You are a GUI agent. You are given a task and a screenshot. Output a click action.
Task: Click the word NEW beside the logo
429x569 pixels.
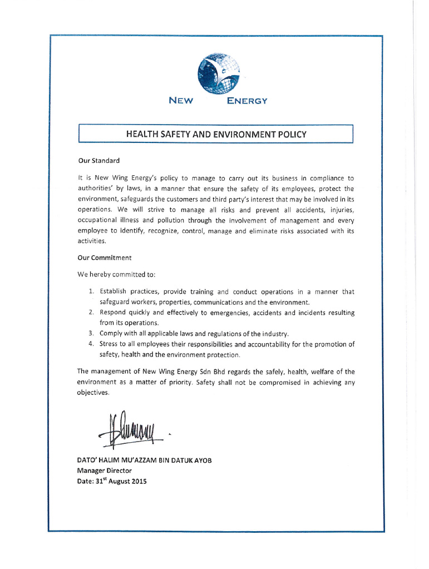[x=181, y=101]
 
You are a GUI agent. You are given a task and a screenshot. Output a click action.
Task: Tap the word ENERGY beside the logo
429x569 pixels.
[x=247, y=101]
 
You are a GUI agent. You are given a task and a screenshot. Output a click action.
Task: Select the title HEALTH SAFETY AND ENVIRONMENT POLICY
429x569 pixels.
[x=216, y=134]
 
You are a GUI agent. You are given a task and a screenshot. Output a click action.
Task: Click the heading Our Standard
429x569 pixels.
[x=99, y=161]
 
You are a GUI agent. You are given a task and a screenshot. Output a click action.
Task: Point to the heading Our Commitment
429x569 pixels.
[x=105, y=258]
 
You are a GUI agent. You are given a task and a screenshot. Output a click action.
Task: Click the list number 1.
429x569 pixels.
[x=91, y=291]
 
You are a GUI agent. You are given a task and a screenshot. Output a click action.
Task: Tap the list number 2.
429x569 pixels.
[x=91, y=313]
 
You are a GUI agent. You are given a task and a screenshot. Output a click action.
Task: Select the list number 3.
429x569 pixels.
[x=91, y=333]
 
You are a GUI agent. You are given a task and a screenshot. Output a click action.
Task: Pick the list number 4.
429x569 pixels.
[x=91, y=344]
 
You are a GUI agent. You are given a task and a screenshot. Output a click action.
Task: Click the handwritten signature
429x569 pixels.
[x=131, y=430]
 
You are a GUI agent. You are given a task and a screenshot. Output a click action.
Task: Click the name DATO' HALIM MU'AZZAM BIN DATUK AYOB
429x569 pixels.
[x=144, y=460]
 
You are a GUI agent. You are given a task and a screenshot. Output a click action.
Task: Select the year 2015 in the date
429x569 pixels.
[x=137, y=482]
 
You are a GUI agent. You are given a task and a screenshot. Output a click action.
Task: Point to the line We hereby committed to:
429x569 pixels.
[x=116, y=274]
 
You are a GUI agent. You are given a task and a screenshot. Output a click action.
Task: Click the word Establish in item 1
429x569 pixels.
[x=114, y=291]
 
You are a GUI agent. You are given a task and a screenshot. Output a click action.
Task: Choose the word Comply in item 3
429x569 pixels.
[x=111, y=333]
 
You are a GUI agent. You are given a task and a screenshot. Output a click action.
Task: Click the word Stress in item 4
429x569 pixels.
[x=109, y=344]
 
